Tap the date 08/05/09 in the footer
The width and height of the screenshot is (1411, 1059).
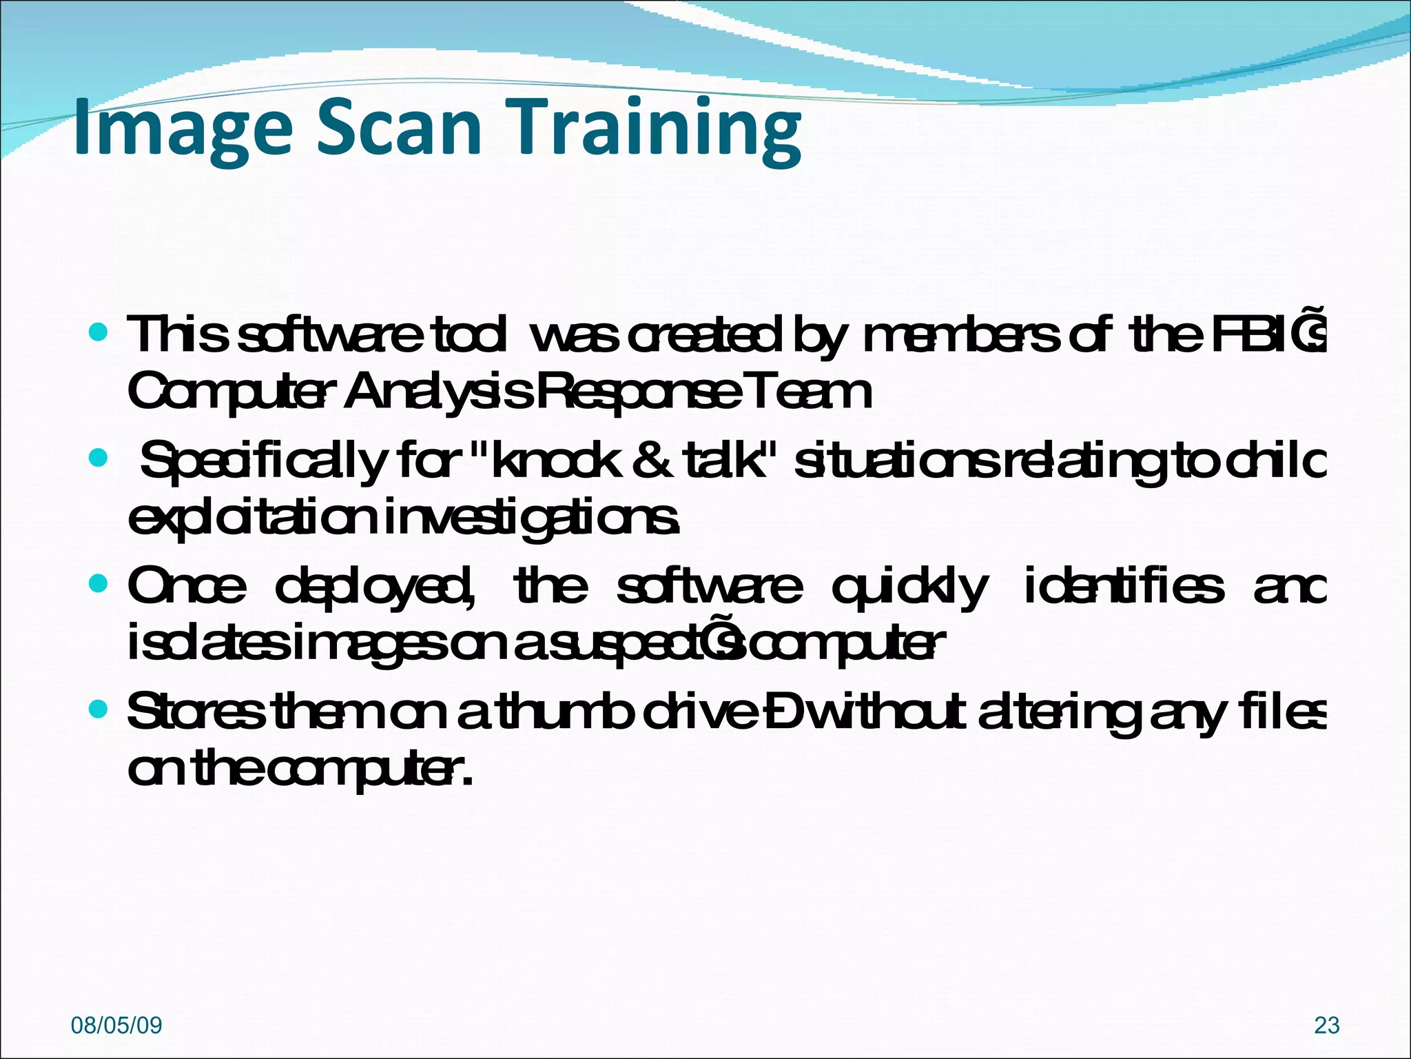[116, 1025]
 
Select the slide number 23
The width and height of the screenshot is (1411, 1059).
[1326, 1025]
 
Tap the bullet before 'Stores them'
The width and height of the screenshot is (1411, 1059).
[99, 709]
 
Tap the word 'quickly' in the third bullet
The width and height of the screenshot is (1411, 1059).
[909, 587]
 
